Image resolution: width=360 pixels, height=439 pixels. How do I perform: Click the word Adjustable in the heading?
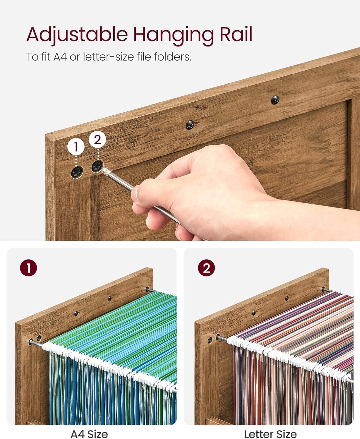tap(77, 35)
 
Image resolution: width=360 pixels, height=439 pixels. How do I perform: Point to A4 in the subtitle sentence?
tap(60, 57)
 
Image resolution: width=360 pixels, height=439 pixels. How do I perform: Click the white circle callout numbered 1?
tap(76, 147)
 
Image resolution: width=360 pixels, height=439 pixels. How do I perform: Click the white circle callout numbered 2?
tap(97, 140)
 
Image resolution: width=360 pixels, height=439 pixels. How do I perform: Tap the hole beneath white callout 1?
tap(77, 172)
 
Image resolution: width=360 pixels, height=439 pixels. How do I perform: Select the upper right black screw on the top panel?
tap(275, 100)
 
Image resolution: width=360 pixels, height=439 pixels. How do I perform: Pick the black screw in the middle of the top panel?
tap(190, 125)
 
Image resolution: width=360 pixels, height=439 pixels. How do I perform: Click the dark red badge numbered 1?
tap(28, 268)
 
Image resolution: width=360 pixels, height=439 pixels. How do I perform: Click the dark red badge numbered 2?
tap(206, 268)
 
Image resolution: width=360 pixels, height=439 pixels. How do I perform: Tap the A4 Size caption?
tap(89, 434)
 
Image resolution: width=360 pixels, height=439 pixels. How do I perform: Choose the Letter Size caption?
tap(270, 434)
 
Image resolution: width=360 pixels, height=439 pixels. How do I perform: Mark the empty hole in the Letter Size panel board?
tap(210, 340)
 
